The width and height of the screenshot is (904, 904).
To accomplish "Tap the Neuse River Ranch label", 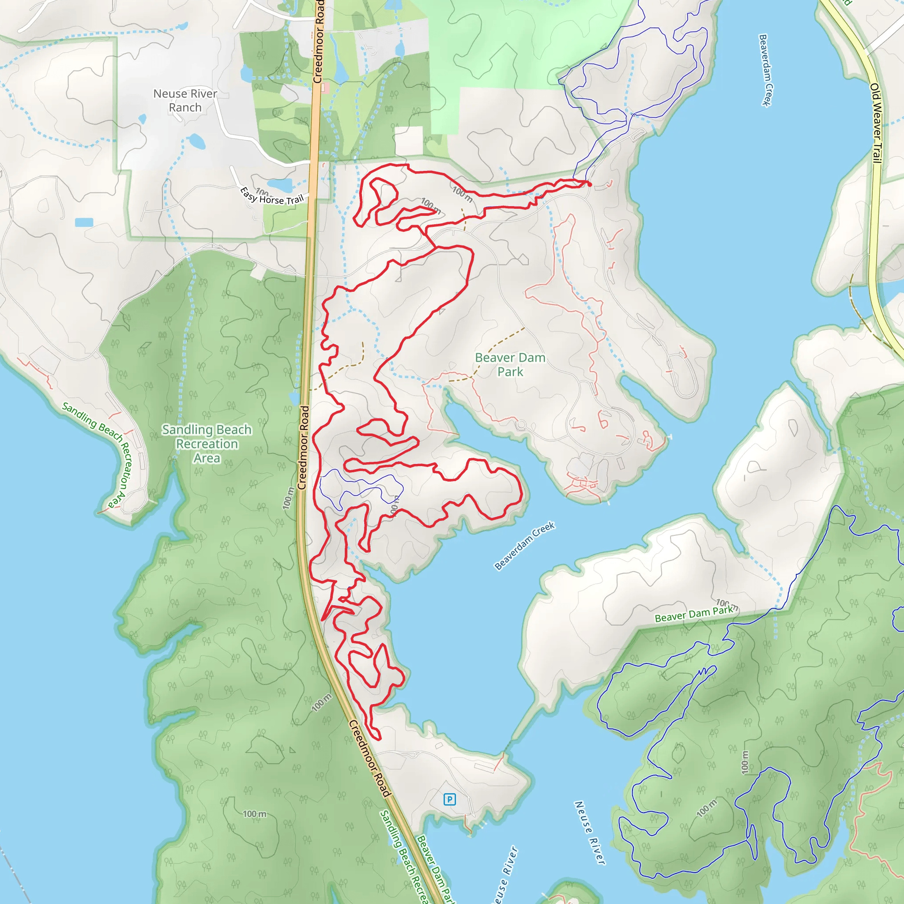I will pos(185,101).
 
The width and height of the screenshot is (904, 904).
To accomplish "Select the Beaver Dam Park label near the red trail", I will pos(510,365).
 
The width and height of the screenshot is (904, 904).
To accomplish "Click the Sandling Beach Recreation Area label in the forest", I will pos(207,443).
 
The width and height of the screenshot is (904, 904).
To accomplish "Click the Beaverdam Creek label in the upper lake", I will pos(765,70).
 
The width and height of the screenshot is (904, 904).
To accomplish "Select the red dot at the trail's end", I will pos(590,185).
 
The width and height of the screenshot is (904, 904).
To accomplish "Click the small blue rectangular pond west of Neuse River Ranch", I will pos(84,222).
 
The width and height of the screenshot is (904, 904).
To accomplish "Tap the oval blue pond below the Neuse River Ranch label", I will pos(196,141).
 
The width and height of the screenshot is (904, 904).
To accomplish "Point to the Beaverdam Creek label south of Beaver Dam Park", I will pos(524,546).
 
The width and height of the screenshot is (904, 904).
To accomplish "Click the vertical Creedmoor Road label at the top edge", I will pos(319,42).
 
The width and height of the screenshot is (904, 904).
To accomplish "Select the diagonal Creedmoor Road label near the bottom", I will pos(369,758).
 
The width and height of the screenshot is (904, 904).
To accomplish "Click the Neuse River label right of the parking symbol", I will pos(590,832).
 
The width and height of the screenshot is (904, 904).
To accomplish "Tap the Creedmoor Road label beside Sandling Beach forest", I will pos(304,448).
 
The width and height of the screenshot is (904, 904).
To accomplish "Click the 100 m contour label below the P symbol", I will pos(706,808).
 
